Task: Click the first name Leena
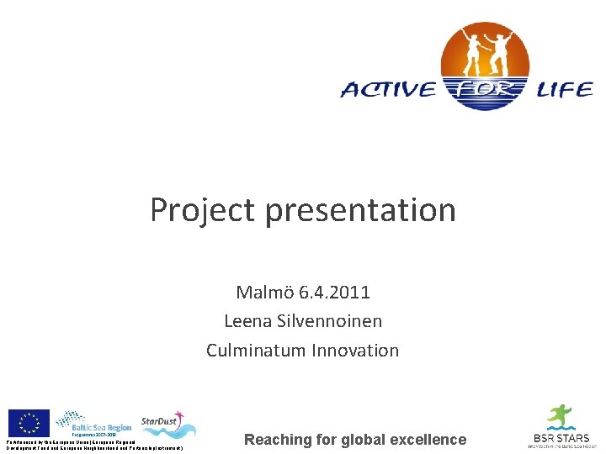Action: click(x=247, y=321)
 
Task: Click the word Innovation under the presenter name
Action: click(x=357, y=350)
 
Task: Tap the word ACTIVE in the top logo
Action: click(x=388, y=90)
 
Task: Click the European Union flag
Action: click(x=29, y=422)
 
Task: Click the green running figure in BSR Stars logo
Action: click(x=558, y=417)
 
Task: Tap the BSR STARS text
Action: click(x=560, y=438)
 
